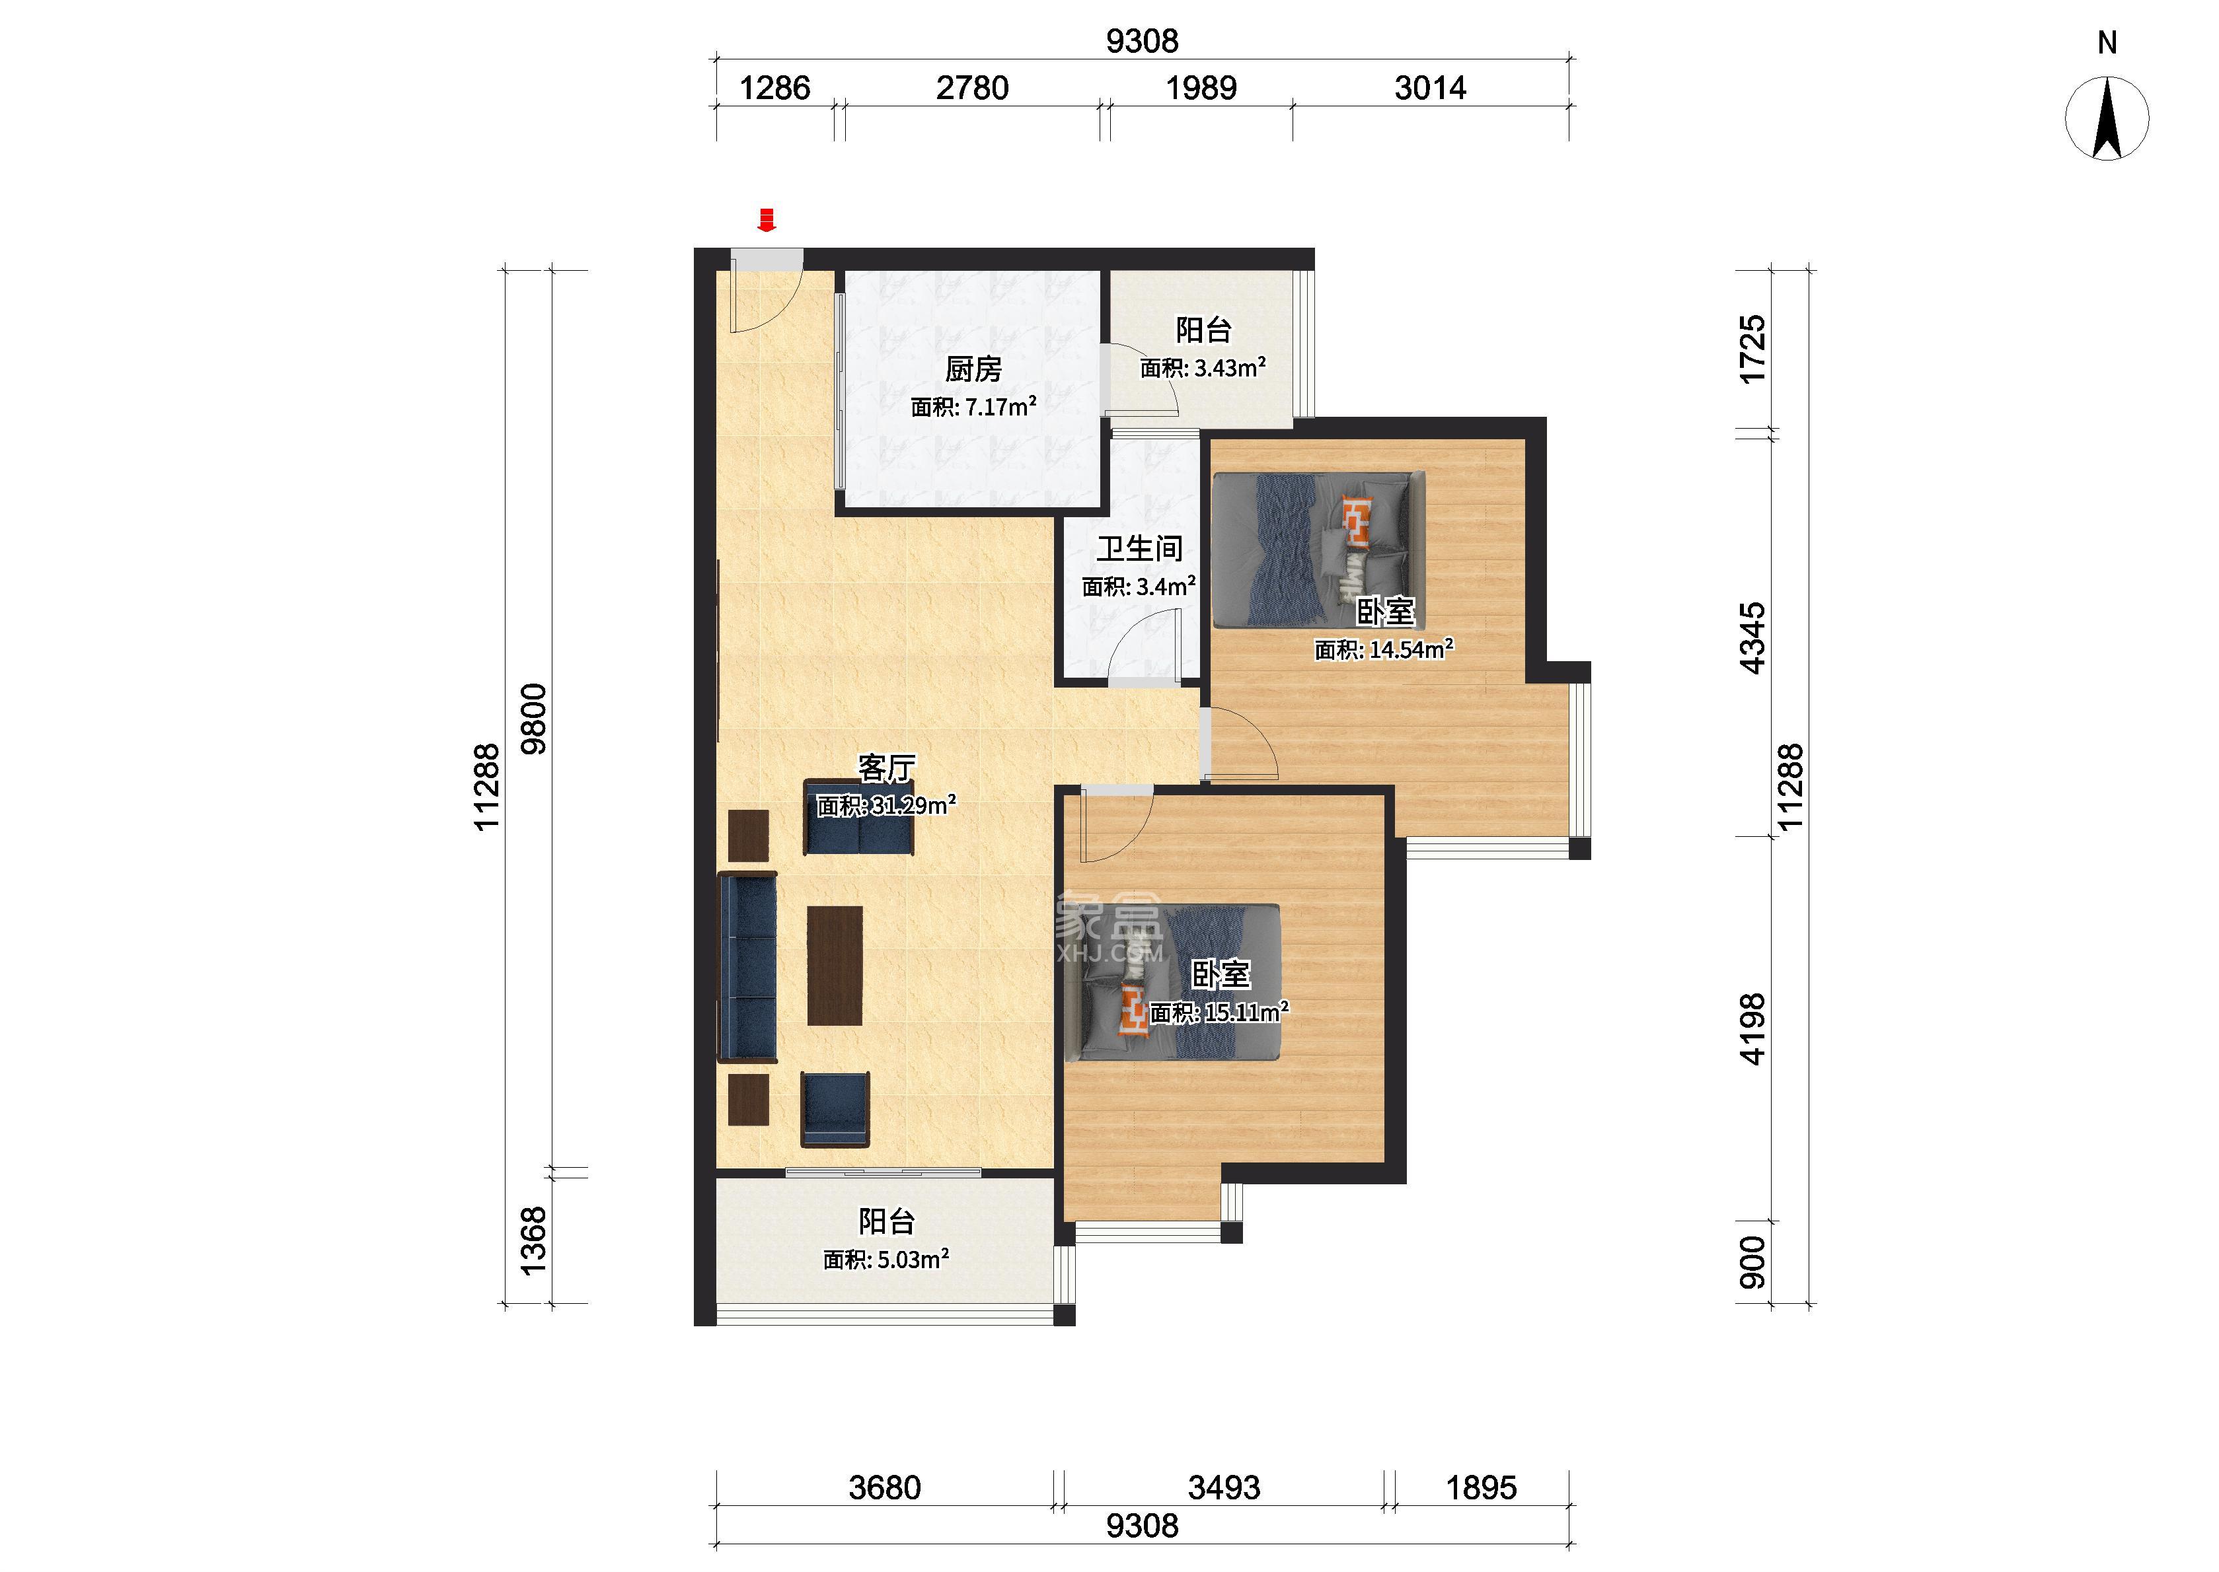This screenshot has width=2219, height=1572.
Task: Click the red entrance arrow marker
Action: (x=767, y=220)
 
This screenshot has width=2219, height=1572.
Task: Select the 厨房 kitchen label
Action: (x=973, y=369)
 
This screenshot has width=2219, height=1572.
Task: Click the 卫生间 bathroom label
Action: (x=1139, y=549)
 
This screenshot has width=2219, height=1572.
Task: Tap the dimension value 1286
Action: (x=774, y=88)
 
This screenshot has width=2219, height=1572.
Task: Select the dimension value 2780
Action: (x=972, y=88)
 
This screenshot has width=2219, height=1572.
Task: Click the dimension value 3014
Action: (x=1430, y=88)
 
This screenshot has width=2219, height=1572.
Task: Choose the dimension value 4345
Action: (x=1752, y=638)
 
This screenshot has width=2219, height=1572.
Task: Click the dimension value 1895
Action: (x=1482, y=1487)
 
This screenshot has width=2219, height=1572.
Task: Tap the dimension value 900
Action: (x=1752, y=1262)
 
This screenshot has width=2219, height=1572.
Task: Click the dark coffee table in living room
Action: (x=835, y=965)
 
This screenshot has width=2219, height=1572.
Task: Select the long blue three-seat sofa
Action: (x=747, y=967)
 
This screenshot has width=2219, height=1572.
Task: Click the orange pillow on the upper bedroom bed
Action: (x=1357, y=520)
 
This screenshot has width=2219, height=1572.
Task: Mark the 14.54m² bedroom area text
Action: (x=1384, y=649)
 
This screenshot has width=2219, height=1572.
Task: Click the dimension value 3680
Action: (x=885, y=1487)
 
